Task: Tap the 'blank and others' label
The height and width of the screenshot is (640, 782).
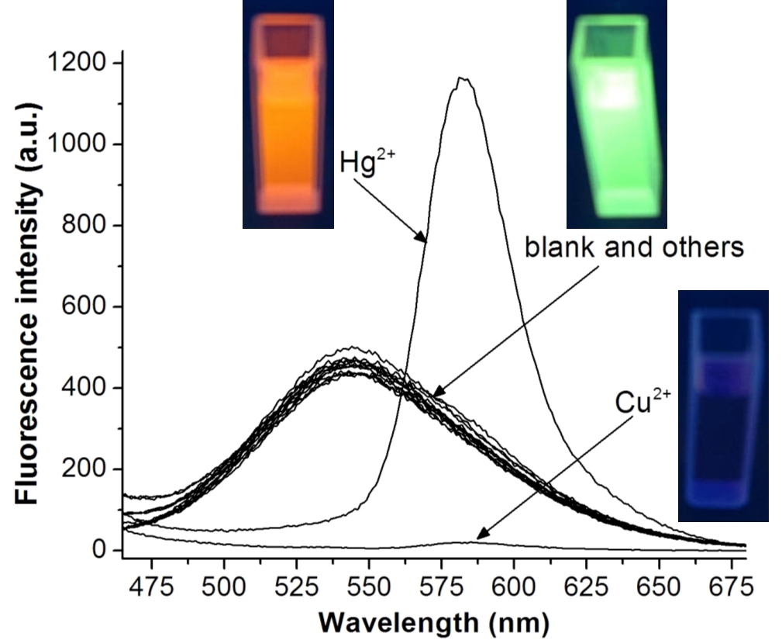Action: tap(635, 247)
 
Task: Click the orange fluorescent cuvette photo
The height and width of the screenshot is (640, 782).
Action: tap(288, 115)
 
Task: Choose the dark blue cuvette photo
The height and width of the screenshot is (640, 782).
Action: tap(723, 405)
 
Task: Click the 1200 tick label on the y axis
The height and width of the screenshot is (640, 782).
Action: tap(76, 63)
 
